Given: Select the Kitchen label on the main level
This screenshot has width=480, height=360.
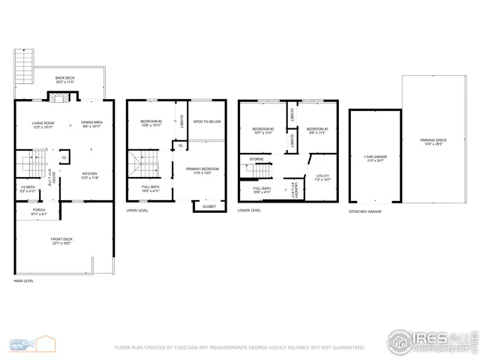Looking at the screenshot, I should pos(89,175).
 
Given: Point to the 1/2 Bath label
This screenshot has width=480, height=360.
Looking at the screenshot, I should pos(27,190).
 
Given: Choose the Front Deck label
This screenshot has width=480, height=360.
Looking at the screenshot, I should pos(61,241).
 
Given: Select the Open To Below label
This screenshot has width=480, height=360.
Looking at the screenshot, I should pos(206,121).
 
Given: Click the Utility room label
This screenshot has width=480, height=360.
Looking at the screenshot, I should pos(322,177).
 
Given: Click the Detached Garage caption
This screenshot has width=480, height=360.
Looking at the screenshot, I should pos(365,211).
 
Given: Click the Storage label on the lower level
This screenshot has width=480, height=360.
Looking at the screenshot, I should pos(256,159).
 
